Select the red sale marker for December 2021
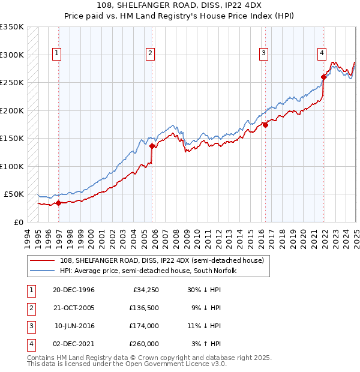pos(323,77)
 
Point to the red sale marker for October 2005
pos(152,146)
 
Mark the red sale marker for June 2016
pos(265,125)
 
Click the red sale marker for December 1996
pos(59,203)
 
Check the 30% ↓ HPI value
pos(205,290)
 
